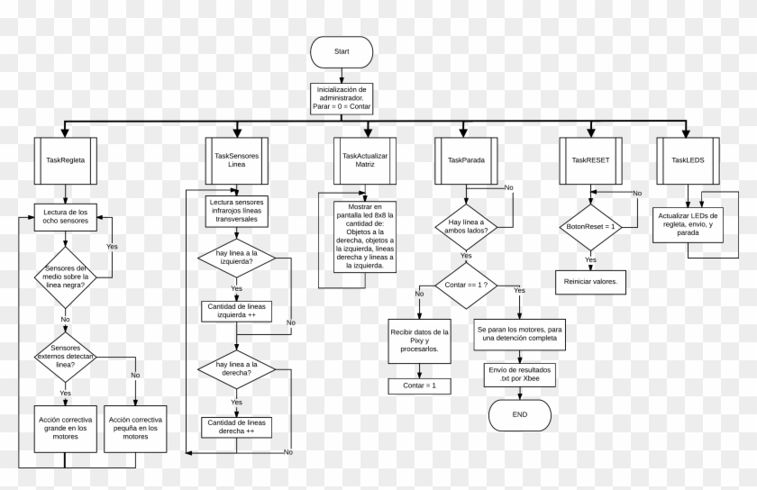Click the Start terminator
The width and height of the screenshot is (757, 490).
coord(341,52)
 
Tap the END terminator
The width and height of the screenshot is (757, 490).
coord(519,414)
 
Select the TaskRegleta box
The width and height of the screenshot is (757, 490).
coord(65,159)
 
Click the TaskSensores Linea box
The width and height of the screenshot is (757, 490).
coord(236,159)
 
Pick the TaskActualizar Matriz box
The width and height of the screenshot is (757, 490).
coord(365,159)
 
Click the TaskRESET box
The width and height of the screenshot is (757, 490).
coord(590,159)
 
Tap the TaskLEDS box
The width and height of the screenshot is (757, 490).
coord(688,159)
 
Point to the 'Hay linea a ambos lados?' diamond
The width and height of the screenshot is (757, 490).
coord(466,226)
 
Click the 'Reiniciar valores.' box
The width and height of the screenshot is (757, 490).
coord(590,282)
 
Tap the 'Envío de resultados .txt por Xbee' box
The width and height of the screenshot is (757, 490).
coord(519,374)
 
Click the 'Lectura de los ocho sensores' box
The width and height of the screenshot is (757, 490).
coord(66,216)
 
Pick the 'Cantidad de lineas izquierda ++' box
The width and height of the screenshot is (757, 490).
coord(236,311)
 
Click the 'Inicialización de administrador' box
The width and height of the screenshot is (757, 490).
coord(342,99)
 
